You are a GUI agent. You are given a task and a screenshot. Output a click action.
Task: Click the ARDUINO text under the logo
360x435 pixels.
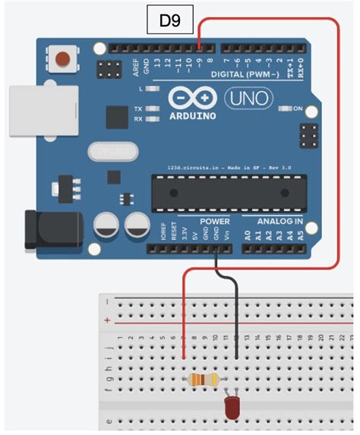coord(192,116)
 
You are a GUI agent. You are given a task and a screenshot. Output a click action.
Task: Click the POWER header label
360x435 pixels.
coord(215,222)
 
